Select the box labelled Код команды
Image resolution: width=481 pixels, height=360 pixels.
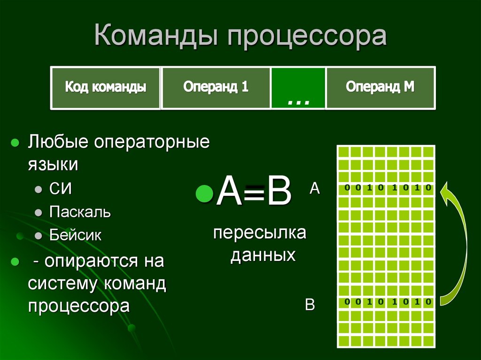click(x=105, y=87)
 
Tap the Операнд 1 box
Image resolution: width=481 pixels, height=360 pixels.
click(x=216, y=87)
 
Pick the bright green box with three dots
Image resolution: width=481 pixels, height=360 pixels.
click(x=298, y=88)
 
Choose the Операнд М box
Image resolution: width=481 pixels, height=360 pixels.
click(x=380, y=87)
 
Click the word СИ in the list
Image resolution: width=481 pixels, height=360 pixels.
click(x=60, y=189)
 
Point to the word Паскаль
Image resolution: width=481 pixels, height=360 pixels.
click(x=80, y=212)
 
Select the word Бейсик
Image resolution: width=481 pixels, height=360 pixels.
click(x=75, y=235)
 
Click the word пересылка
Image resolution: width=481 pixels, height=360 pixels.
click(x=259, y=233)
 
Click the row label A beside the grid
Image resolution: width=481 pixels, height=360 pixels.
click(x=314, y=189)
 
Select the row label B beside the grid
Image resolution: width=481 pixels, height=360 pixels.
click(x=310, y=304)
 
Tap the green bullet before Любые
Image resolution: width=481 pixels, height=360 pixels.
click(x=15, y=142)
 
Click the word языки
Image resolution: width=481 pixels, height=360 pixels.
click(x=52, y=165)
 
